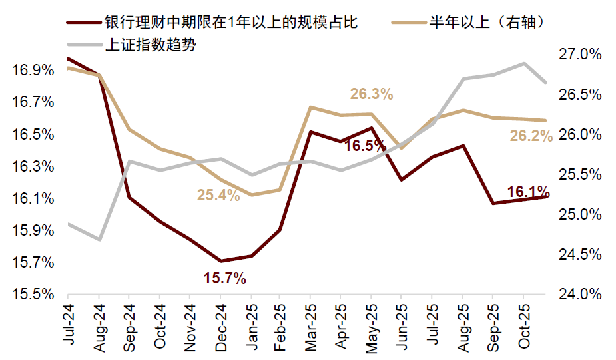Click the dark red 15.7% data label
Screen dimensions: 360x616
[x=224, y=278]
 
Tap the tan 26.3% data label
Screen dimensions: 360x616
[x=372, y=94]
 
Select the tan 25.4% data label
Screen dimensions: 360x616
[x=218, y=195]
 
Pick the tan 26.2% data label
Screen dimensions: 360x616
[x=531, y=136]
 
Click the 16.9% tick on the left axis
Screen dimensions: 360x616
[x=32, y=70]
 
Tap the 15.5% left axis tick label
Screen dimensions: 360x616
[x=32, y=294]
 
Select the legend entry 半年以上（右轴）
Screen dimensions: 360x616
[x=488, y=23]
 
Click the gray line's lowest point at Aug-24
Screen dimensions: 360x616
[x=99, y=239]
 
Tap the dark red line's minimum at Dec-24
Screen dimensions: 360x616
[x=220, y=261]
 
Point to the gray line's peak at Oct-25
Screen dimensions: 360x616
[x=523, y=63]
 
